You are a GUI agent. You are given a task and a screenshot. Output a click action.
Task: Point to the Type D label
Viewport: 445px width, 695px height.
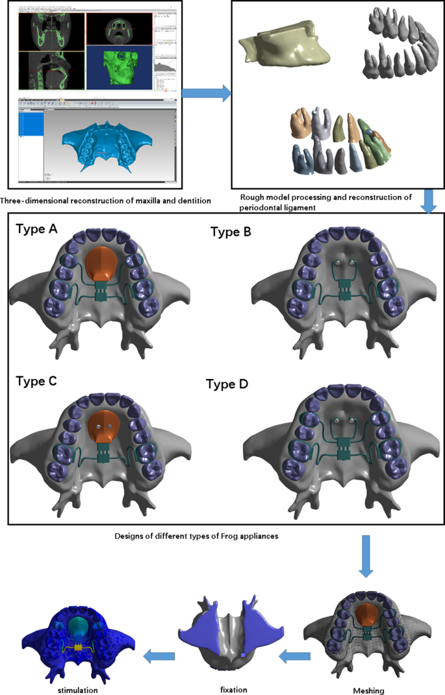click(x=227, y=384)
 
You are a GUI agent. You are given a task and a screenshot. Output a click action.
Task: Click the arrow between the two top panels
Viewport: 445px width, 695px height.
click(x=206, y=93)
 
